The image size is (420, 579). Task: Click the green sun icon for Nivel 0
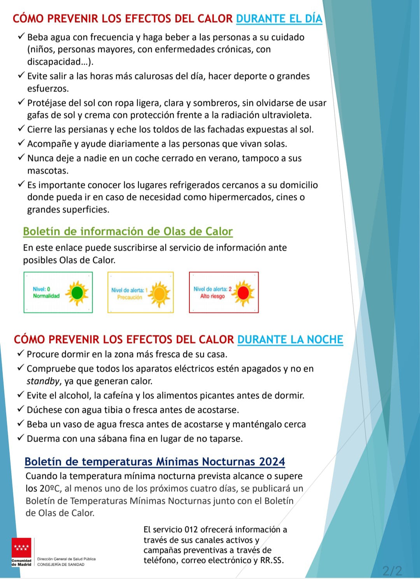click(77, 293)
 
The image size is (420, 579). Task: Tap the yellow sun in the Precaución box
click(159, 293)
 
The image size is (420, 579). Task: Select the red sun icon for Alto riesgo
click(243, 293)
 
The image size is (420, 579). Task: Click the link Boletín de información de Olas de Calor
click(128, 231)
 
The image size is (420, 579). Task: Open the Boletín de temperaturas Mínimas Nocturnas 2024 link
click(154, 461)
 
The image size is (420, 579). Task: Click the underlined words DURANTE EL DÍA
click(279, 19)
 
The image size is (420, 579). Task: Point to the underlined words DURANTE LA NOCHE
click(290, 339)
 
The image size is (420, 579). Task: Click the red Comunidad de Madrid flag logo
click(21, 549)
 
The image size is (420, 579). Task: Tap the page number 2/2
click(392, 570)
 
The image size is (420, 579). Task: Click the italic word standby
click(43, 381)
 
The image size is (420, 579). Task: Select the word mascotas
click(48, 170)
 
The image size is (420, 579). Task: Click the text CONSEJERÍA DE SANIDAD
click(61, 564)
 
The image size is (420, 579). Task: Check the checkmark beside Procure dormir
click(21, 354)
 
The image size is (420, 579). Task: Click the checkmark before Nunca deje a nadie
click(21, 158)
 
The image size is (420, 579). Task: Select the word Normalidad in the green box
click(46, 296)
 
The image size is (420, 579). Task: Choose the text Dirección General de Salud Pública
click(66, 559)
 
